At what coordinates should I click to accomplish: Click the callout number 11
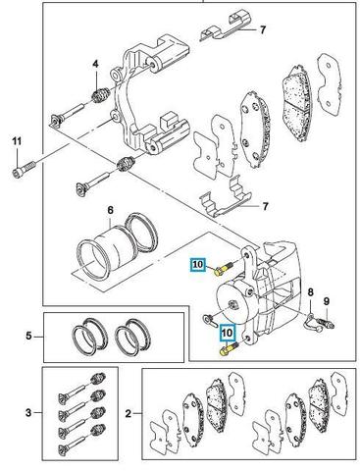click(17, 141)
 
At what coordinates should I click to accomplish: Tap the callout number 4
click(95, 64)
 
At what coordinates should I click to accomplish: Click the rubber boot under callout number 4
click(98, 95)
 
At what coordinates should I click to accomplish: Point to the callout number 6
click(110, 210)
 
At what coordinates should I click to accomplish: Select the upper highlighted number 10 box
click(198, 264)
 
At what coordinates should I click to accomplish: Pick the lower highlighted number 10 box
click(227, 333)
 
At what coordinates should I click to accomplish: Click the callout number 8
click(310, 291)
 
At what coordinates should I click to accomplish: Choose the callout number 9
click(327, 301)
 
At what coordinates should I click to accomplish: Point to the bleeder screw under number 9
click(326, 322)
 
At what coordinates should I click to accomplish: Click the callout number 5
click(29, 336)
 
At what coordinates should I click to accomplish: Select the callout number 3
click(28, 413)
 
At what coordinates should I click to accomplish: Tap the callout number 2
click(129, 414)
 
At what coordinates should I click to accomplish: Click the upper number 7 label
click(263, 30)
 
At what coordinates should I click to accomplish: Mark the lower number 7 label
click(265, 206)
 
